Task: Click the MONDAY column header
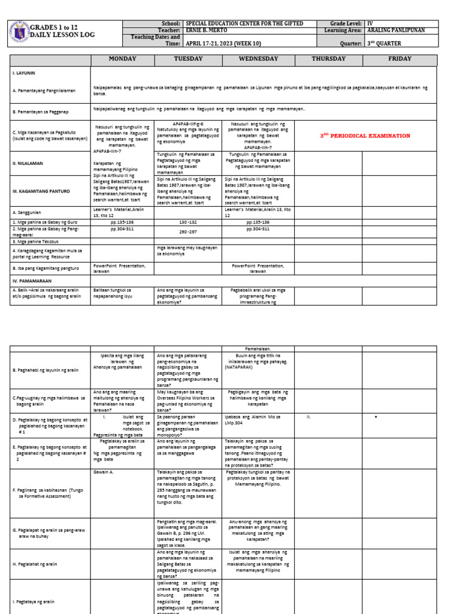(x=122, y=59)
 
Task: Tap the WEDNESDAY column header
(x=258, y=59)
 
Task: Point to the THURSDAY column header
(x=328, y=59)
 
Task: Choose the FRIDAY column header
(x=400, y=59)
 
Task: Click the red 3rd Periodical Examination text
(x=365, y=136)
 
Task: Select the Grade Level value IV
(x=370, y=23)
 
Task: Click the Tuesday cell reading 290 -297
(x=187, y=230)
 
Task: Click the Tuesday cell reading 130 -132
(x=187, y=222)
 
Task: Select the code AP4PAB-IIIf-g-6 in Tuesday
(x=187, y=122)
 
